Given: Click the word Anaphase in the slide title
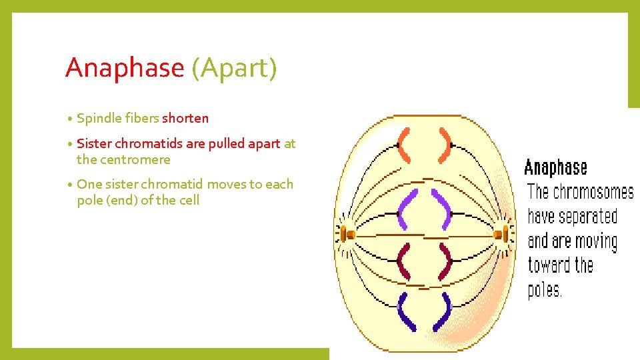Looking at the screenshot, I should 124,68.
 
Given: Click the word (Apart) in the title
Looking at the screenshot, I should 233,68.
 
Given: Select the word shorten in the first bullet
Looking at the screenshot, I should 185,118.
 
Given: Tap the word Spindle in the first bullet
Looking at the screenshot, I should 97,118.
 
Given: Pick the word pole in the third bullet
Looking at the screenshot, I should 90,200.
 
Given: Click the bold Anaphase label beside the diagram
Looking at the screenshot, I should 556,167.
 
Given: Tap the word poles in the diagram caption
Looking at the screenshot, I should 545,290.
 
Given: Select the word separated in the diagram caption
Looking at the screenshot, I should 587,217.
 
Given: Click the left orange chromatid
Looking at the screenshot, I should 403,145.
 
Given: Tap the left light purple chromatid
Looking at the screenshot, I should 406,209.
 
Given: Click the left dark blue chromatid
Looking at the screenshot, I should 403,311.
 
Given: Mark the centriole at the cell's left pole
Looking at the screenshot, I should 347,234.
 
